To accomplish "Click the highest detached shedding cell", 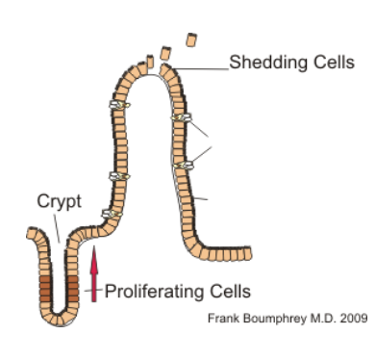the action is click(x=191, y=40).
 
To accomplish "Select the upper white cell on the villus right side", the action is click(x=179, y=117).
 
